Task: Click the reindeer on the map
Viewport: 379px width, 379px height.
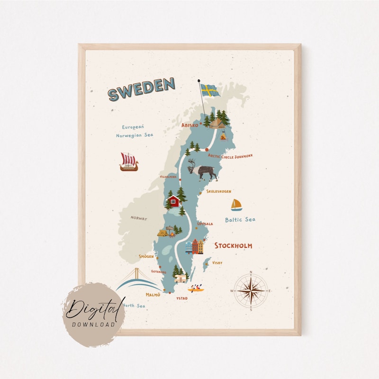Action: (x=202, y=170)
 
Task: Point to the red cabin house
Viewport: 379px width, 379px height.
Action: (x=174, y=201)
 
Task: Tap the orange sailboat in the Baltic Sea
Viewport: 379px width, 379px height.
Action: (x=236, y=205)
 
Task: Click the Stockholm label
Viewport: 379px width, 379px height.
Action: (x=233, y=246)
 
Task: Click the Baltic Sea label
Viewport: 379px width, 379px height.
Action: (x=240, y=219)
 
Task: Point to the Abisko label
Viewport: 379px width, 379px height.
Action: (x=189, y=126)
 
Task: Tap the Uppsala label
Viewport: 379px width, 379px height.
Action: (x=205, y=224)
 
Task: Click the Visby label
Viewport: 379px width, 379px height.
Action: (x=217, y=262)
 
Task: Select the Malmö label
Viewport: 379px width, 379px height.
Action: (x=153, y=295)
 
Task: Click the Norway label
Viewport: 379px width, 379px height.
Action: (x=139, y=218)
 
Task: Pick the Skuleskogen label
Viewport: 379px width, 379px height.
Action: (x=218, y=191)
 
